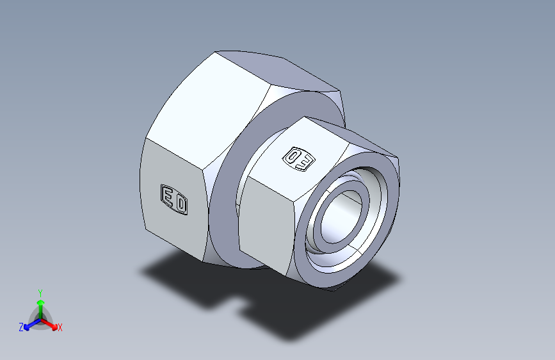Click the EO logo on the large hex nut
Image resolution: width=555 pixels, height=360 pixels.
tap(173, 199)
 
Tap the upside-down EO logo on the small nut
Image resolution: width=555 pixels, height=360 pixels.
tap(299, 159)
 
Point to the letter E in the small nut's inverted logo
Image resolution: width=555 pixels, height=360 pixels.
tap(307, 162)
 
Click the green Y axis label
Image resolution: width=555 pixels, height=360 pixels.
tap(40, 293)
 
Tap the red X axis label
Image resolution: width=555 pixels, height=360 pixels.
tap(60, 328)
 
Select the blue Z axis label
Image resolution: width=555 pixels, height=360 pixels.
tap(21, 327)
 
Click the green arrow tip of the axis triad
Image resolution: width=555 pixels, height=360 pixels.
tap(41, 302)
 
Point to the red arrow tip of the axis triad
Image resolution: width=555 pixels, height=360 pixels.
tap(54, 327)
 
